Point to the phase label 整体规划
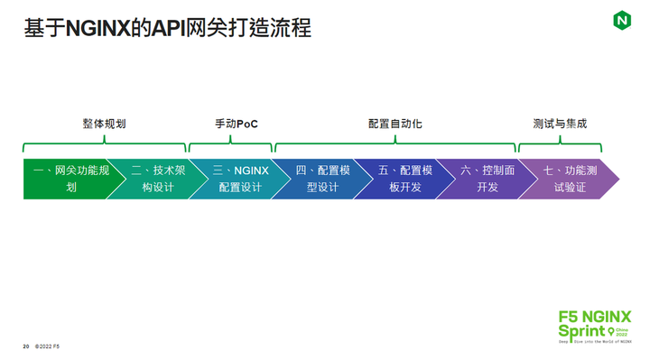[104, 124]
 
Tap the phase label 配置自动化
[395, 124]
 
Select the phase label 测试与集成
[560, 124]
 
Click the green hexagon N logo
[622, 19]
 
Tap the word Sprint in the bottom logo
[582, 331]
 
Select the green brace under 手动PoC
[231, 144]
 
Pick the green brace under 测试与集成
[560, 144]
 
